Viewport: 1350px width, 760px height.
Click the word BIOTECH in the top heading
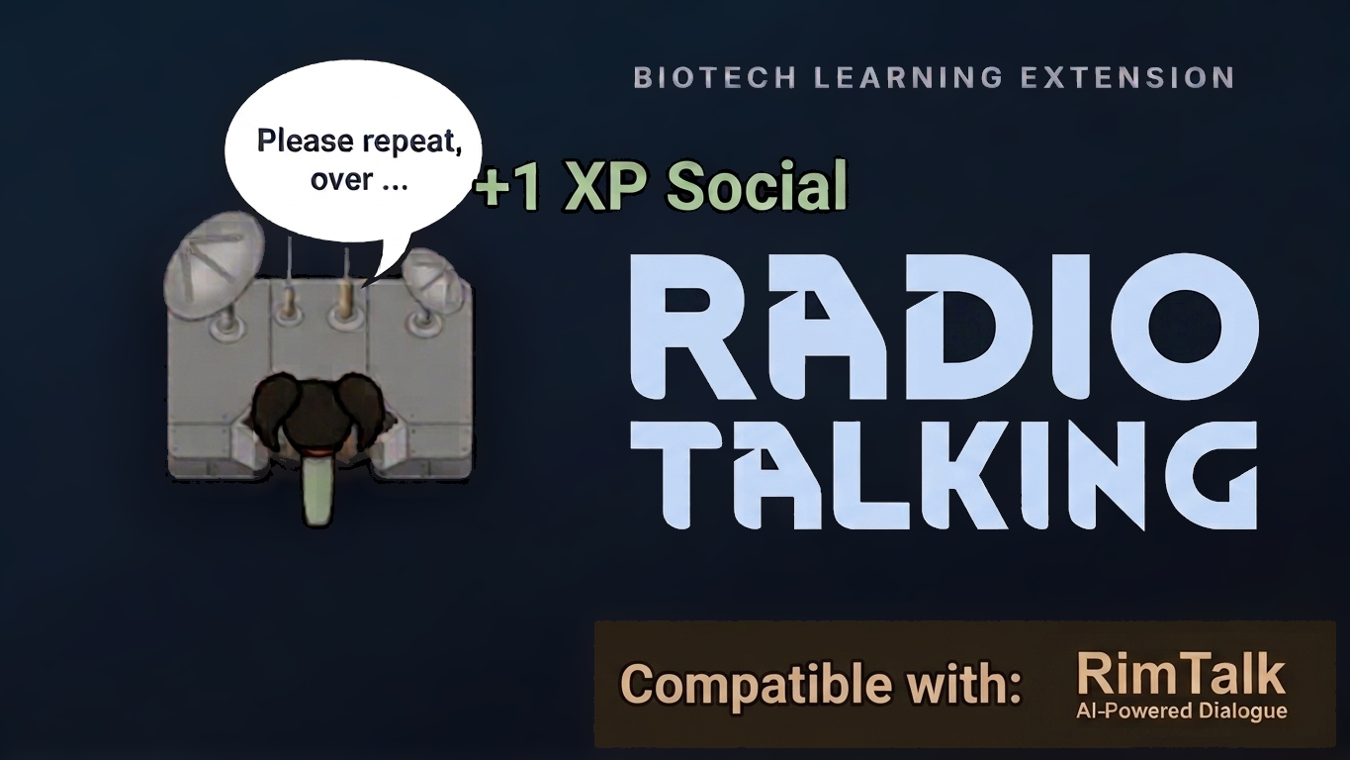pyautogui.click(x=715, y=78)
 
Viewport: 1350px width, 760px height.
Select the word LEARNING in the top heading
pyautogui.click(x=909, y=78)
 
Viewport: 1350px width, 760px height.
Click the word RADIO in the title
pyautogui.click(x=944, y=327)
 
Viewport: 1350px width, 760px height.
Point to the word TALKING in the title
pyautogui.click(x=944, y=475)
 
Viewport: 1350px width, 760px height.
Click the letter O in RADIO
pyautogui.click(x=1186, y=327)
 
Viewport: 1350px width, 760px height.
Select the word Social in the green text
pyautogui.click(x=756, y=185)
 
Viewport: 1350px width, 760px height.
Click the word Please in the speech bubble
pyautogui.click(x=305, y=142)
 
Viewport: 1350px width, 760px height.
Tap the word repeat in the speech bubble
pyautogui.click(x=411, y=142)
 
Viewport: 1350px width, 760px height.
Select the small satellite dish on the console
pyautogui.click(x=428, y=274)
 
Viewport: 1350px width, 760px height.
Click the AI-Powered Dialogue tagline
pyautogui.click(x=1181, y=711)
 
